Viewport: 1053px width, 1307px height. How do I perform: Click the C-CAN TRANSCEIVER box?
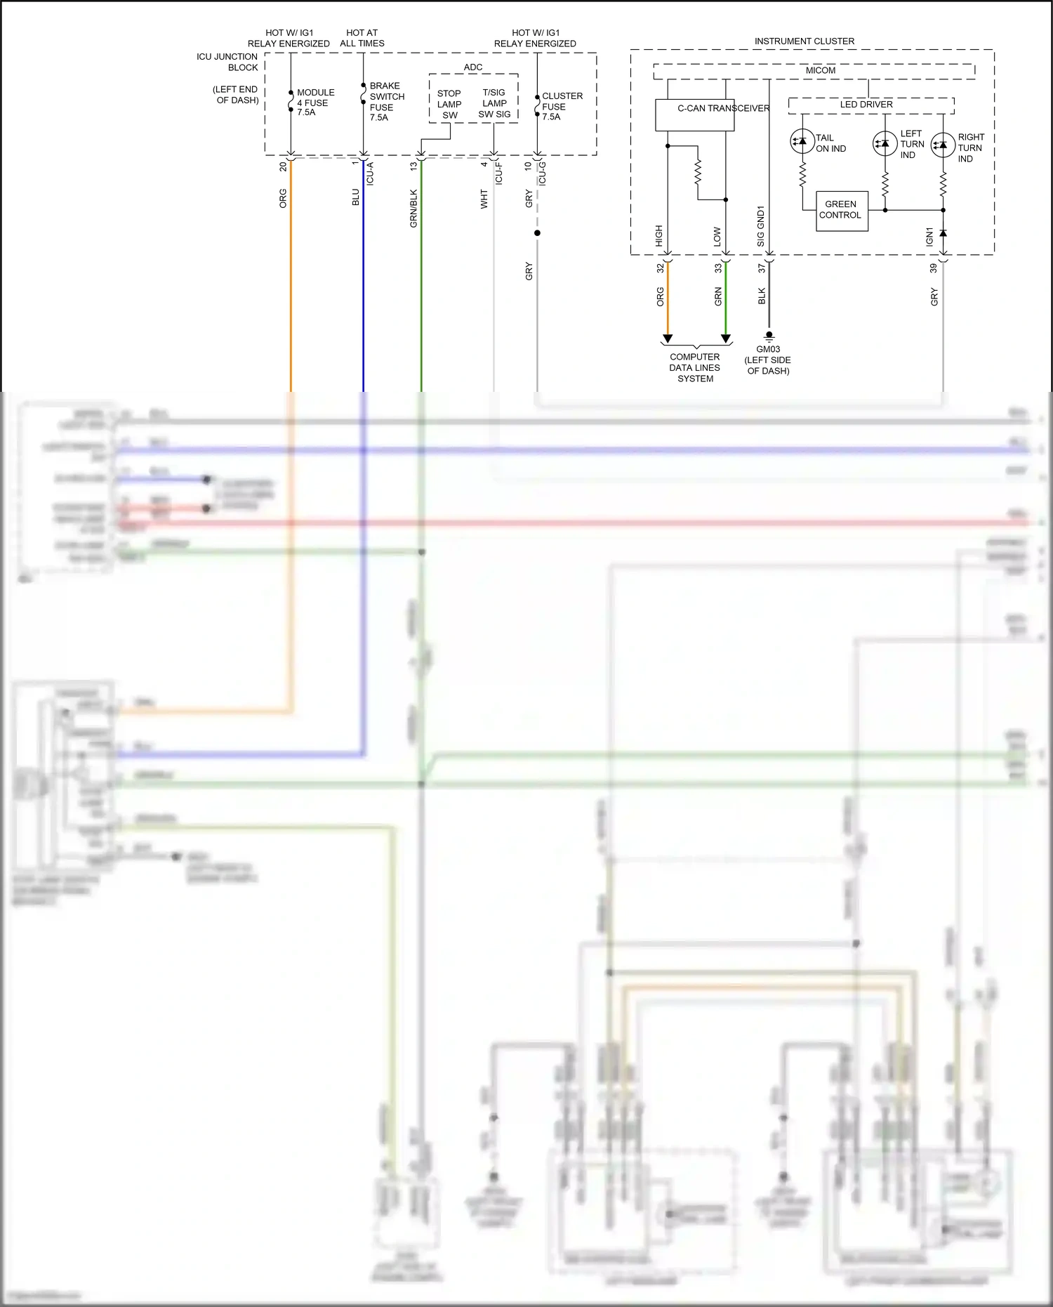[694, 114]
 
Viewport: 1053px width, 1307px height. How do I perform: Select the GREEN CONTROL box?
[841, 210]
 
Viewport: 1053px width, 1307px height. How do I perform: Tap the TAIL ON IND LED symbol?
[802, 141]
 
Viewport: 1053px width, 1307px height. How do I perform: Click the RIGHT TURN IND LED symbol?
[942, 145]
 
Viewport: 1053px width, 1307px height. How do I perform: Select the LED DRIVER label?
[866, 105]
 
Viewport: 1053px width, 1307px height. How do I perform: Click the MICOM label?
[820, 71]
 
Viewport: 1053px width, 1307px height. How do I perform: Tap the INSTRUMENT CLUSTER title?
[804, 41]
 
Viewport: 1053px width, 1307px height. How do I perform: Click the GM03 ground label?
[768, 350]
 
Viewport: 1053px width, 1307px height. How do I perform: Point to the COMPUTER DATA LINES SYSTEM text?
[695, 367]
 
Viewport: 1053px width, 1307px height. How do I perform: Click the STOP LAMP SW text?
[449, 104]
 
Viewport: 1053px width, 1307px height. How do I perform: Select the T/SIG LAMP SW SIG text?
[494, 103]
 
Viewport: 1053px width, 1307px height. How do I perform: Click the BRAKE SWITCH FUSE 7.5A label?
[386, 101]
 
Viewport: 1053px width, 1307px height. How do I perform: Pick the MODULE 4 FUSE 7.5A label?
[314, 102]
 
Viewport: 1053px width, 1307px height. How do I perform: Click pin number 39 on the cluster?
[933, 268]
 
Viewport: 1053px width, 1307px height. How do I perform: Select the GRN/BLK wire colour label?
[413, 208]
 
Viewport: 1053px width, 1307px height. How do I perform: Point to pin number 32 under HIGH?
[660, 268]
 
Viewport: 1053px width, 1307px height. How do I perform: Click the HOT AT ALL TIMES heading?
[362, 38]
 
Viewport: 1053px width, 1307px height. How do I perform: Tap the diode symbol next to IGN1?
[943, 232]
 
